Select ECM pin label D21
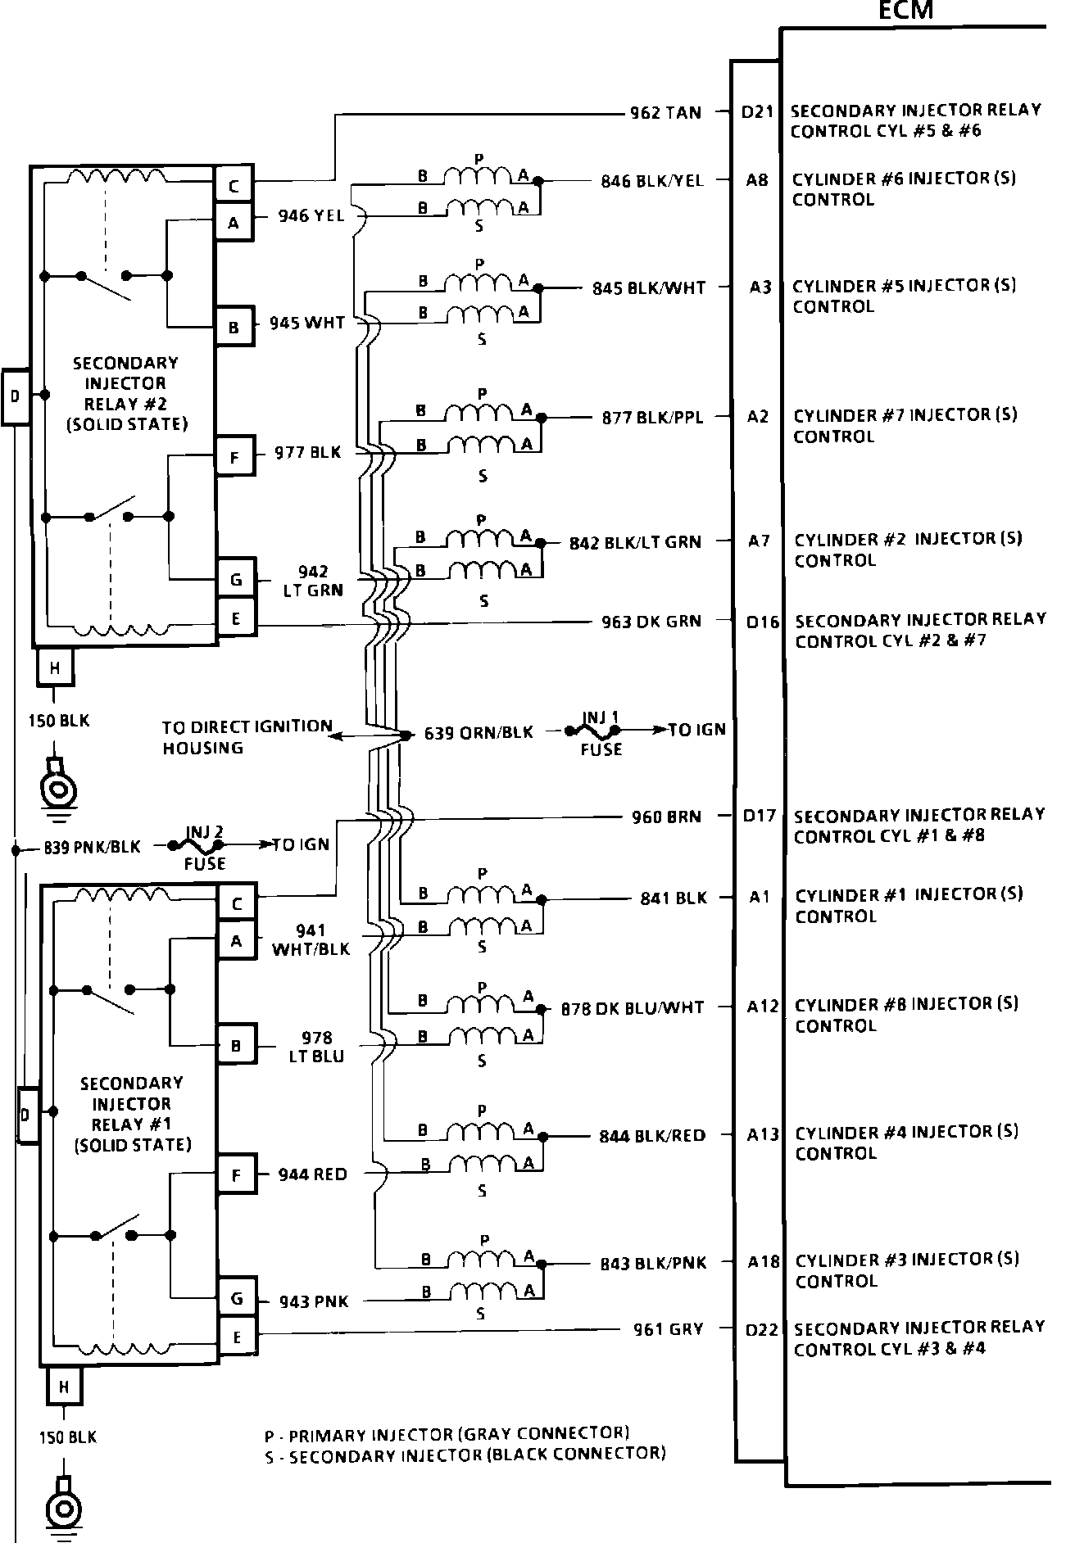[x=757, y=111]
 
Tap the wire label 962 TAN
[x=665, y=113]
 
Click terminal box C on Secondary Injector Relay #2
[x=234, y=187]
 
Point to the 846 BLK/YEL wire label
[x=652, y=181]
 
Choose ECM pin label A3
[x=760, y=287]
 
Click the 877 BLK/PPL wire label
[x=652, y=418]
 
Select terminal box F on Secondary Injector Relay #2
[x=235, y=456]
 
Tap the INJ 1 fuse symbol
[x=601, y=728]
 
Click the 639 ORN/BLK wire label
[x=479, y=733]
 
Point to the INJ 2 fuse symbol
[x=204, y=844]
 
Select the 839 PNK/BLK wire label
[x=93, y=848]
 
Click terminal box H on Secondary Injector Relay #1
[x=63, y=1387]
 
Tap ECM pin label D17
[x=759, y=816]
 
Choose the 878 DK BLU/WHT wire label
[x=632, y=1008]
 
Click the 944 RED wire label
[x=312, y=1174]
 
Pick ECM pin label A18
[x=763, y=1262]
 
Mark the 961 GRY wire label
[x=669, y=1329]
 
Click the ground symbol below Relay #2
[x=59, y=787]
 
